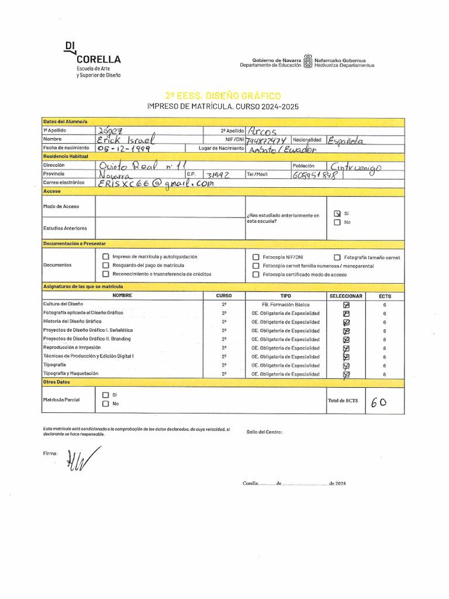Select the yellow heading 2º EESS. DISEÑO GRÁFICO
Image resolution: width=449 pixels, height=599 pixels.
[223, 95]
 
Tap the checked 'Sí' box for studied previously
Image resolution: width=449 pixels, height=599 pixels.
[337, 214]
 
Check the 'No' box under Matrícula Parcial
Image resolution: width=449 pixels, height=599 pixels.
[105, 404]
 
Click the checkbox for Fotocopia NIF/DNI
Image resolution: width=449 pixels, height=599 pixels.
[256, 257]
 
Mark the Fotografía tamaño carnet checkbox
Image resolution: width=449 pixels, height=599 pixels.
[337, 257]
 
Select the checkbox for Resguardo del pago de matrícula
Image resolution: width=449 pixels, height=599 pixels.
[105, 266]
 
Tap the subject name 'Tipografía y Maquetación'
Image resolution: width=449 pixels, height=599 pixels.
[71, 373]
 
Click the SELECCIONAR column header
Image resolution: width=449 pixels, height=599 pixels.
[346, 296]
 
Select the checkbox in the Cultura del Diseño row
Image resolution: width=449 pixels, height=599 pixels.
[347, 305]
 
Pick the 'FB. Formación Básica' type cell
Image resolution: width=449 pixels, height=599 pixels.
[285, 305]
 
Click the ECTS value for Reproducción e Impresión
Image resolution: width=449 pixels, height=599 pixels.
[385, 348]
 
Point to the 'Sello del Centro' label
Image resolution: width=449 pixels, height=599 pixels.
[264, 432]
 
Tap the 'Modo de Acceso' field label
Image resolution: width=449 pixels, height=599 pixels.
[61, 206]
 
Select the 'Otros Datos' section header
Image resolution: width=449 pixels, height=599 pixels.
[57, 382]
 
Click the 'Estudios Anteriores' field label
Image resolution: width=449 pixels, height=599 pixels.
[65, 228]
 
